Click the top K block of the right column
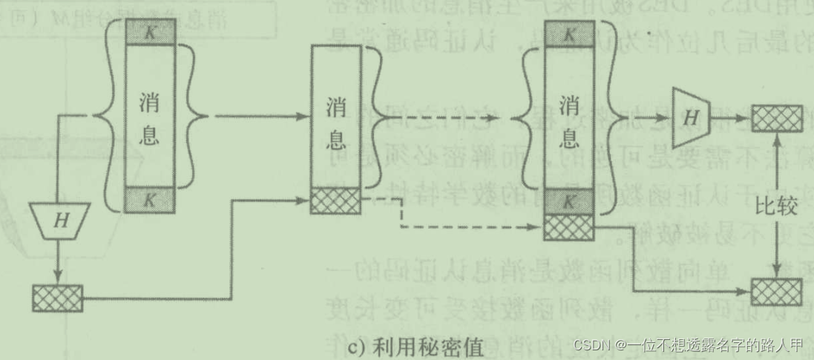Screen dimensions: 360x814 tap(569, 33)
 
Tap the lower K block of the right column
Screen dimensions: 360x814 tap(569, 200)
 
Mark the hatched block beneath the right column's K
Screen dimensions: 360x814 tap(569, 226)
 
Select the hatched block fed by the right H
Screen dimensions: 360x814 tap(776, 118)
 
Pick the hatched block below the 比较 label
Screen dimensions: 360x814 tap(776, 291)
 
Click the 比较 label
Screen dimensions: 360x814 tap(776, 207)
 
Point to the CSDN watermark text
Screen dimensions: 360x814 tap(689, 345)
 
